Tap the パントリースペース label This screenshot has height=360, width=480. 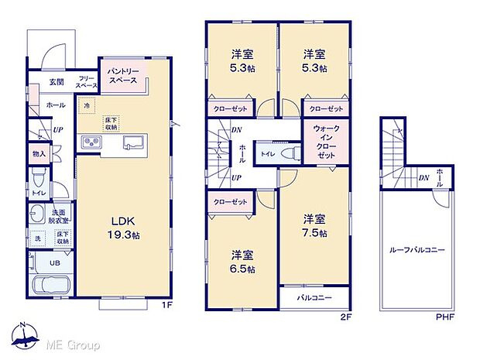(x=123, y=74)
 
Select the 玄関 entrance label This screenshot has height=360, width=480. (x=57, y=81)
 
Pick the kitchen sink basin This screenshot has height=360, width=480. (x=130, y=142)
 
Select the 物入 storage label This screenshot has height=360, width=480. (x=39, y=153)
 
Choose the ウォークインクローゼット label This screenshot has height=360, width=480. (x=324, y=142)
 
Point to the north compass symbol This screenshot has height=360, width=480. (x=25, y=336)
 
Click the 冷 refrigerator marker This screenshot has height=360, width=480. (x=86, y=105)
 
